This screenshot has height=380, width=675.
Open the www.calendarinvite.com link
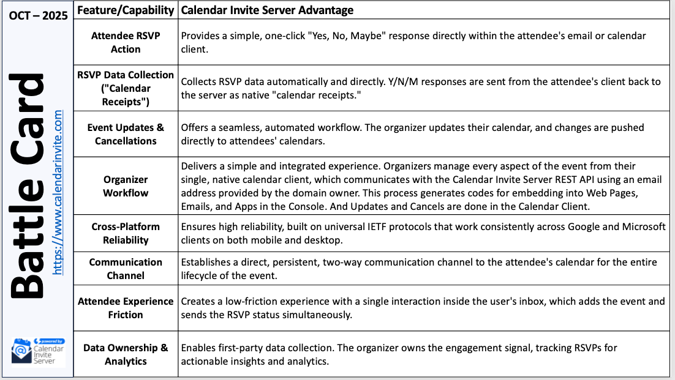tap(58, 192)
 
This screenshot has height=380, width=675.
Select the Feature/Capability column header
tap(126, 10)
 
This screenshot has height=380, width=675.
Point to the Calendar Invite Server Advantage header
tap(267, 10)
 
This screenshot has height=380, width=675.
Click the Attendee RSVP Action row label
tap(126, 42)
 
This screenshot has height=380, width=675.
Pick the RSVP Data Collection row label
tap(126, 88)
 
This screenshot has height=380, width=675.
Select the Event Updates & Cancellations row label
tap(126, 134)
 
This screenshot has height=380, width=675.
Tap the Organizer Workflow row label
tap(126, 186)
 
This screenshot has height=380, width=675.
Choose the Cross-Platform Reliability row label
tap(126, 233)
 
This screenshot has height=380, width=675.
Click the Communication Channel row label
tap(126, 269)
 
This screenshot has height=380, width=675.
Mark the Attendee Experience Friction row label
tap(126, 308)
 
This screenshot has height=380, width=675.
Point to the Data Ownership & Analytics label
tap(126, 354)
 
